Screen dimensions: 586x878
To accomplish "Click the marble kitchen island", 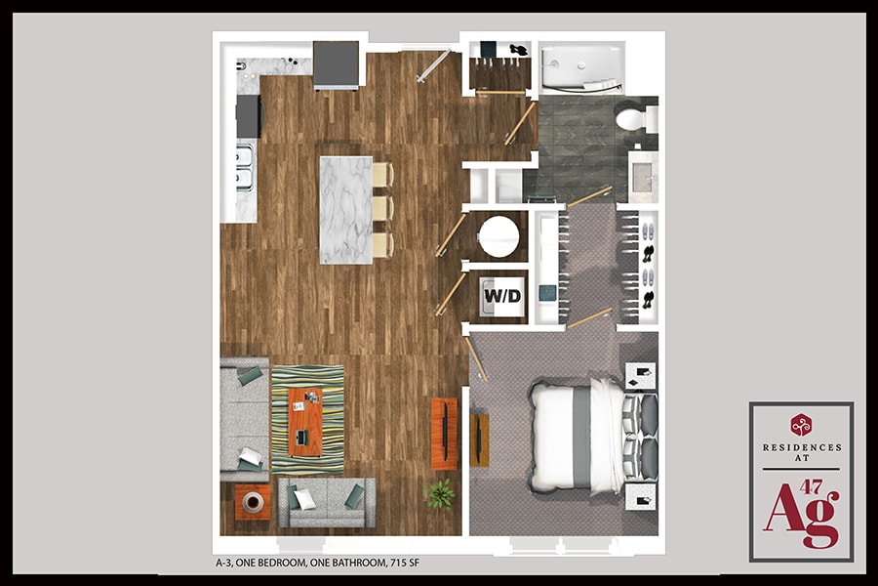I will tap(345, 210).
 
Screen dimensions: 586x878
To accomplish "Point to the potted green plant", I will tap(440, 493).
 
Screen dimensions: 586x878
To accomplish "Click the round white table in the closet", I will tap(499, 236).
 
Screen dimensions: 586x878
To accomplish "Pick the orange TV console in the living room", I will tap(444, 434).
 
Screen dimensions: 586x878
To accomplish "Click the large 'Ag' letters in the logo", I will tap(800, 517).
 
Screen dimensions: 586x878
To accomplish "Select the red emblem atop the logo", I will tap(802, 424).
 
